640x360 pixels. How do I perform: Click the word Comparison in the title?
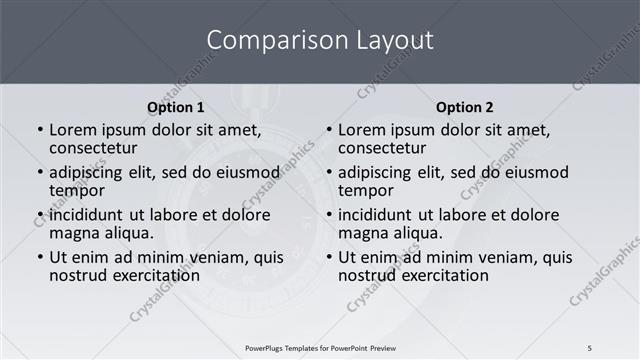coord(268,41)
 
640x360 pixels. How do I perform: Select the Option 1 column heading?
coord(176,107)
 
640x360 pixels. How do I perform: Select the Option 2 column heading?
coord(465,107)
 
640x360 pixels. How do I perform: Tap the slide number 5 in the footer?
coord(590,348)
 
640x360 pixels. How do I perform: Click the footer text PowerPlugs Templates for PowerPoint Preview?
coord(320,348)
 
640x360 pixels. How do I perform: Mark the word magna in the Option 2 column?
coord(363,233)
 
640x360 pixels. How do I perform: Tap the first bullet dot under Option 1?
coord(39,131)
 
